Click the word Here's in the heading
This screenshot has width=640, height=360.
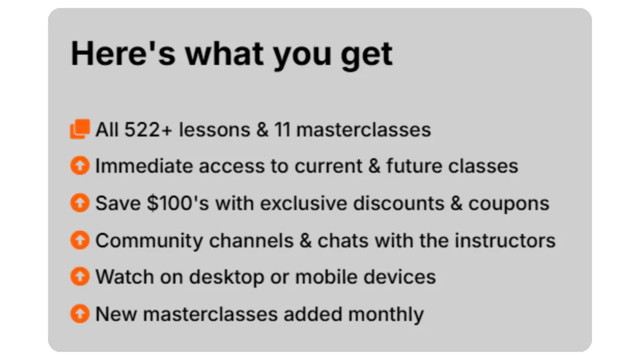click(x=123, y=53)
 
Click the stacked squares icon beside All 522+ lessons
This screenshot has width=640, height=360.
click(x=81, y=129)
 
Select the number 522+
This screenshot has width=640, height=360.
click(x=148, y=130)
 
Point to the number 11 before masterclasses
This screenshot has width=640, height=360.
click(x=282, y=130)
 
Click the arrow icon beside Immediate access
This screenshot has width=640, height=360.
click(x=80, y=165)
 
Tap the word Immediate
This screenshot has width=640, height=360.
click(x=144, y=166)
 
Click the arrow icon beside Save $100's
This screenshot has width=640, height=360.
click(x=80, y=203)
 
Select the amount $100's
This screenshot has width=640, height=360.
click(x=178, y=203)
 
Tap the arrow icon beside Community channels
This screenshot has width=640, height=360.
click(x=80, y=240)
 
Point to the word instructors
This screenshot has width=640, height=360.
click(x=505, y=241)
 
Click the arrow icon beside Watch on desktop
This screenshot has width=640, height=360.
click(x=80, y=276)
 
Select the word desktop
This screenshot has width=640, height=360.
click(x=227, y=278)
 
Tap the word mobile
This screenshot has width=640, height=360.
click(x=326, y=277)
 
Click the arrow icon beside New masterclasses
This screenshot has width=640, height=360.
click(x=80, y=314)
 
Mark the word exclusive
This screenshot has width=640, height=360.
click(x=303, y=203)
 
